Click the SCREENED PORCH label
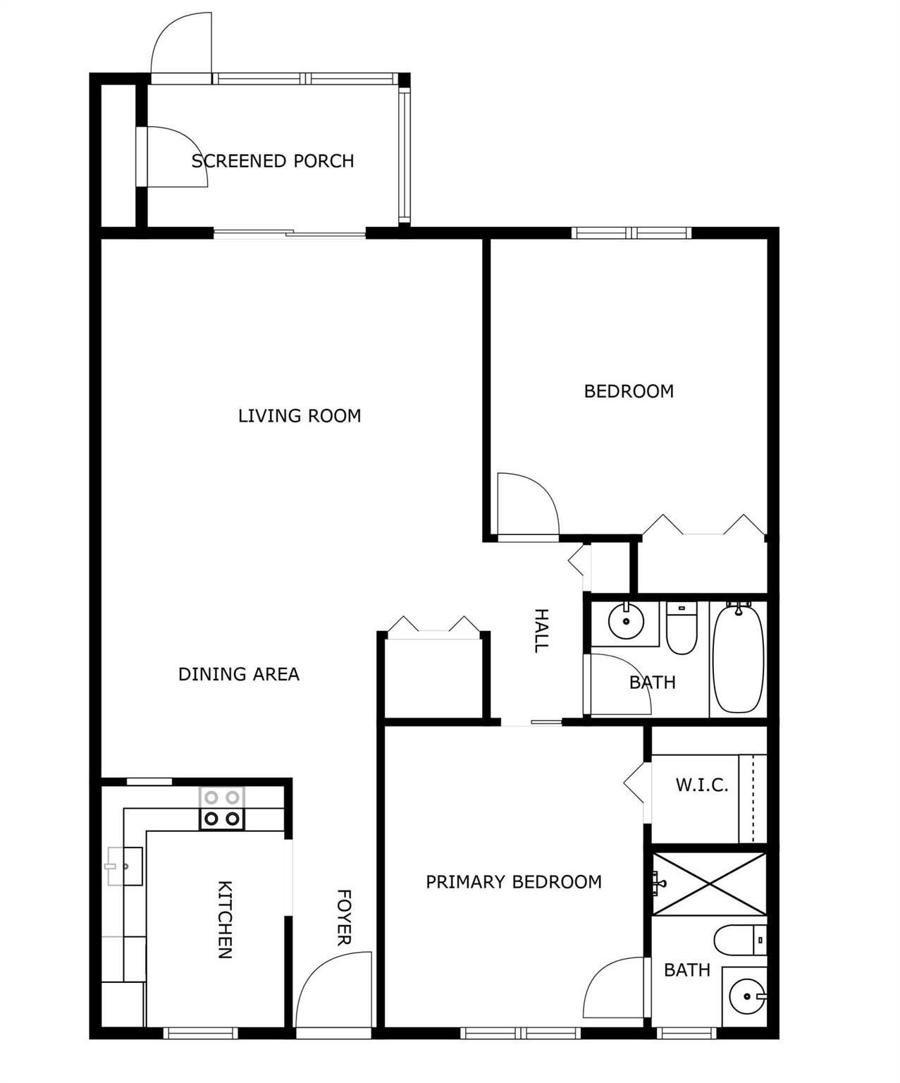coord(273,161)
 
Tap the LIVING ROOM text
coord(300,416)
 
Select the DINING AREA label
coord(238,674)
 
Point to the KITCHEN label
coord(224,919)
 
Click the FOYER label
coord(344,917)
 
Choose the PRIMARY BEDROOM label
coord(514,882)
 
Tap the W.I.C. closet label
coord(702,785)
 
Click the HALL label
coord(541,631)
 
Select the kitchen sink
coord(125,867)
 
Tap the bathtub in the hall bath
coord(738,658)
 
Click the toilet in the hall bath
coord(682,628)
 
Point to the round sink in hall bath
coord(626,621)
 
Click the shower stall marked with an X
coord(709,884)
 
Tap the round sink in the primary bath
coord(747,996)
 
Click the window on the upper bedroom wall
coord(631,233)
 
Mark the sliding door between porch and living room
coord(290,234)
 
